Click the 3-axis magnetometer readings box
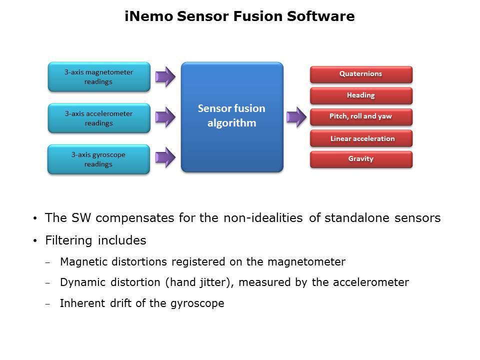(99, 77)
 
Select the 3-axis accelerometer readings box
(99, 118)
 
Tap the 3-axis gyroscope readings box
(98, 159)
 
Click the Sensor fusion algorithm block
(232, 116)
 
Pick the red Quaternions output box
(361, 74)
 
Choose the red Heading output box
(361, 95)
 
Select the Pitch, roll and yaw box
(361, 116)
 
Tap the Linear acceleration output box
(361, 138)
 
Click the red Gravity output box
(361, 159)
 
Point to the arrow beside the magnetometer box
(165, 76)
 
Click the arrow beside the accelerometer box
(165, 117)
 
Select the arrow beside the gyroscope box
(165, 158)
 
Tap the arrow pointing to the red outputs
(296, 116)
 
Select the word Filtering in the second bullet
(69, 240)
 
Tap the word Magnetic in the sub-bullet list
(82, 261)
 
